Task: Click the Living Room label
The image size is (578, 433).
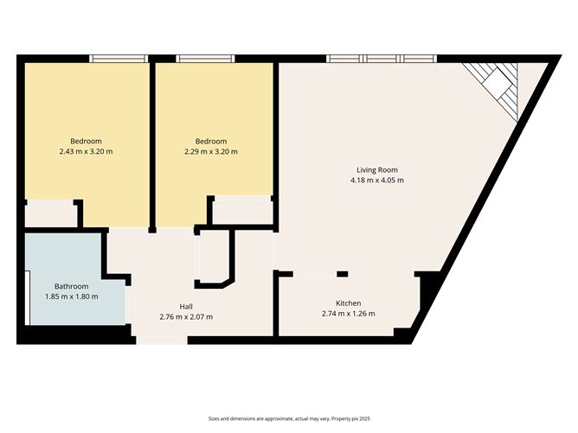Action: coord(377,169)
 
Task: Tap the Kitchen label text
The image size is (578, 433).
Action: coord(349,303)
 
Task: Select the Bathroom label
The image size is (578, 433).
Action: coord(72,286)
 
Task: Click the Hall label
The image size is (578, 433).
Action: coord(186,307)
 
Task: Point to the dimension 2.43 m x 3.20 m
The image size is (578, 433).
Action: coord(87,152)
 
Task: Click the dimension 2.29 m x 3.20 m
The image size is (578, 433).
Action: coord(211,152)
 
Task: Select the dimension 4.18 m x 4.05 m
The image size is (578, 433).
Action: coord(377,181)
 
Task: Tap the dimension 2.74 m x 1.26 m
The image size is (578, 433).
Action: coord(349,314)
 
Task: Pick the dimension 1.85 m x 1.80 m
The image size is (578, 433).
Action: coord(72,297)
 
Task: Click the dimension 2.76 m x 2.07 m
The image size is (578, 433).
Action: coord(186,317)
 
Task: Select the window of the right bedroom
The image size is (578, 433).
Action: coord(204,59)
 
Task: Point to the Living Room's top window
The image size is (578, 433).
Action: coord(381,59)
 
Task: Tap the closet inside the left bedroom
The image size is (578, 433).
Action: coord(49,214)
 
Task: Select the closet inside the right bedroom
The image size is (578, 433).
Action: coord(242,211)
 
